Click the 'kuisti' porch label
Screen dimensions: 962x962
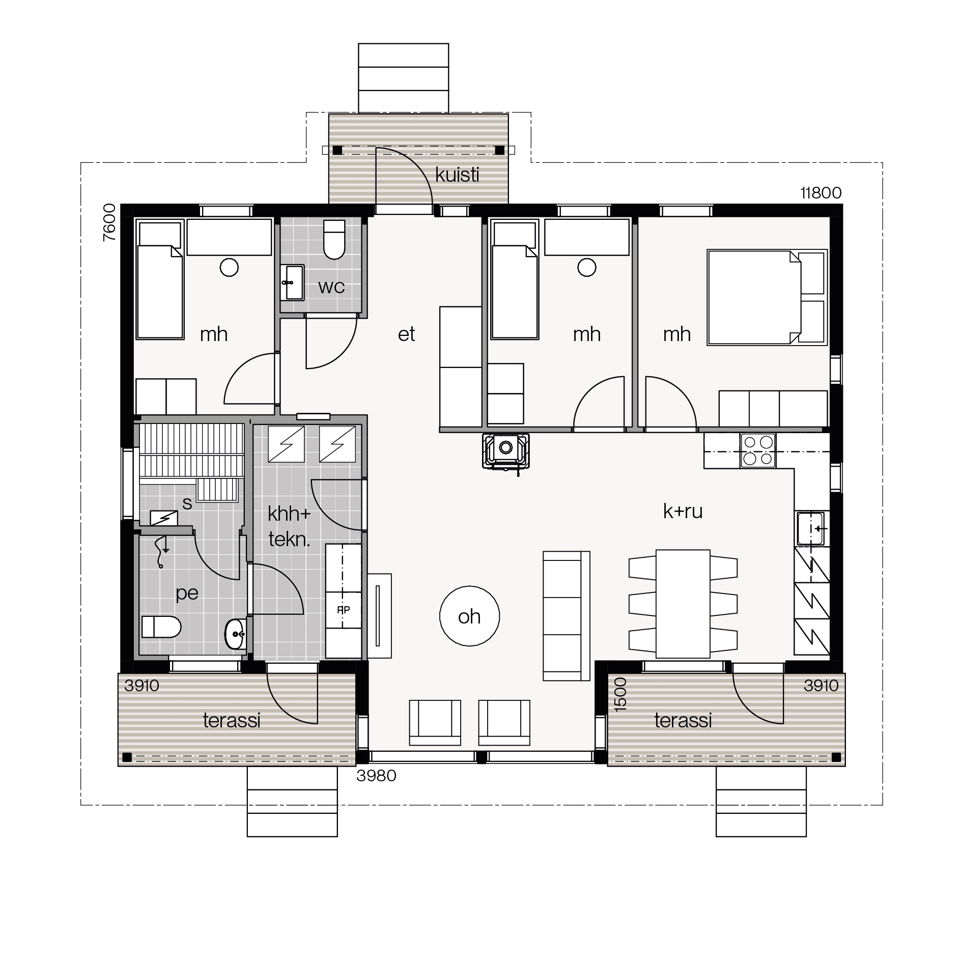[x=457, y=175]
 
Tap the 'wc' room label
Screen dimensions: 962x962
[x=331, y=287]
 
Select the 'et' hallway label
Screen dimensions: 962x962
[x=406, y=334]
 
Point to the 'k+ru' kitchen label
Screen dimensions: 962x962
[x=683, y=511]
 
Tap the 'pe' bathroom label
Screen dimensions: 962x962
[x=187, y=593]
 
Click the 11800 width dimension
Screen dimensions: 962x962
[x=821, y=193]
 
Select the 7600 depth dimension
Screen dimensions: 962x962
[x=109, y=222]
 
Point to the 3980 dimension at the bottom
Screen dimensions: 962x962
[x=376, y=775]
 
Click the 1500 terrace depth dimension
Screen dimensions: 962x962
[x=620, y=694]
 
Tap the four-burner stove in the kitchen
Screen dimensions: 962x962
[x=758, y=450]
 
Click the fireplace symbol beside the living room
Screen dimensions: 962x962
[x=505, y=450]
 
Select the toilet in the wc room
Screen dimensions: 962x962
[x=334, y=239]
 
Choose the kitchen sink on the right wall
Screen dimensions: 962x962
[x=811, y=528]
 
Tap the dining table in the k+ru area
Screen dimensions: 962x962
[x=683, y=604]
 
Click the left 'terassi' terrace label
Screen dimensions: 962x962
[x=232, y=720]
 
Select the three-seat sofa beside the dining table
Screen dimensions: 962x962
[x=566, y=616]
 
